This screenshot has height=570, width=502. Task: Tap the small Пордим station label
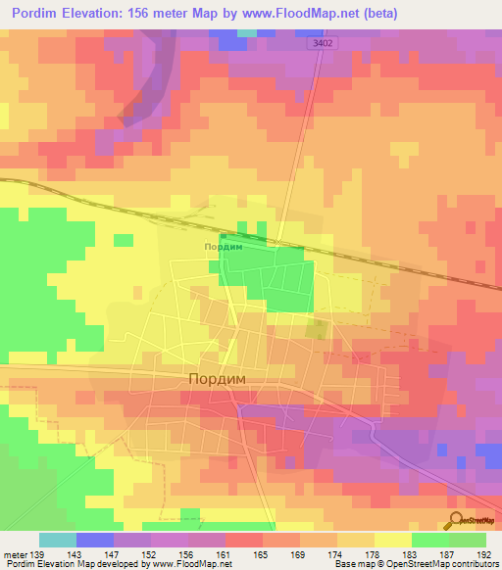click(x=223, y=248)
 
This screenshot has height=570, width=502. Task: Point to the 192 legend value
click(x=485, y=554)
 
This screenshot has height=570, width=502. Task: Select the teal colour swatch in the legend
click(x=58, y=540)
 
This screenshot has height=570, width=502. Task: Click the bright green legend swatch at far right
click(x=468, y=540)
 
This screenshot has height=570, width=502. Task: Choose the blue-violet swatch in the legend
click(x=95, y=540)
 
